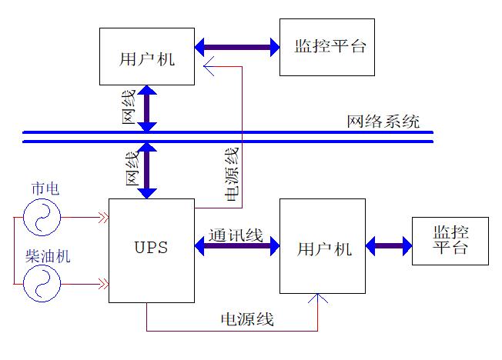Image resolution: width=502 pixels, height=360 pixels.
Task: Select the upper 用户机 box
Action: [x=147, y=55]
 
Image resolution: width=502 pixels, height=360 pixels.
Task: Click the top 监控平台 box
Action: [x=326, y=47]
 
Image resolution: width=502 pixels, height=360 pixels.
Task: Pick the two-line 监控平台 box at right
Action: [x=450, y=241]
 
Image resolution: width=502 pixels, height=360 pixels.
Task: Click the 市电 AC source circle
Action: [x=42, y=218]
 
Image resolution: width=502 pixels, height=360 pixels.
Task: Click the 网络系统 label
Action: [x=383, y=121]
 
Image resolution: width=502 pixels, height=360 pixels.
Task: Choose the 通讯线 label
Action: [x=236, y=235]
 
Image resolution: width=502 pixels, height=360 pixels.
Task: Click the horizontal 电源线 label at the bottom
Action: [x=247, y=319]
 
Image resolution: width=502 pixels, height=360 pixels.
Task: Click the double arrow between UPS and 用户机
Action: [x=236, y=249]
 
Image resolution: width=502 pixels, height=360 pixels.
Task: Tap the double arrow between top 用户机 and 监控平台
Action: [x=237, y=48]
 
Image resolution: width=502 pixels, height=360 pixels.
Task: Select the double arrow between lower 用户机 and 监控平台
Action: [x=389, y=247]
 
